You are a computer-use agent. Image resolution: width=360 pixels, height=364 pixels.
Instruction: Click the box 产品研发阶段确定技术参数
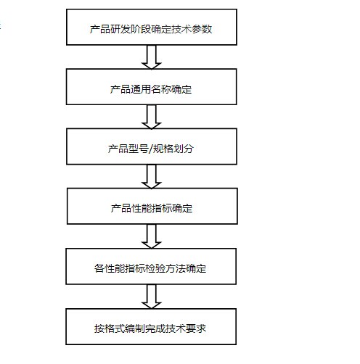(x=152, y=27)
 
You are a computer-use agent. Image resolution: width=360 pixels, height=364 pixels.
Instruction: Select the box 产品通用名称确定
(x=152, y=87)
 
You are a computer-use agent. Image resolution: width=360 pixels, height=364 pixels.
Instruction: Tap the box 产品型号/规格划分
(x=152, y=146)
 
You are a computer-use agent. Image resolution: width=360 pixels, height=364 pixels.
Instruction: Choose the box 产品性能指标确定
(x=152, y=206)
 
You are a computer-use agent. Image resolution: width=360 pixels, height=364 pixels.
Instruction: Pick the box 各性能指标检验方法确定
(x=151, y=266)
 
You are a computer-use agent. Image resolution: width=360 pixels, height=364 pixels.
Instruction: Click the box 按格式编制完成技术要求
(x=151, y=326)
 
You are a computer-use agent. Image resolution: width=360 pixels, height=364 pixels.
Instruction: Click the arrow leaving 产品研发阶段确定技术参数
(x=152, y=57)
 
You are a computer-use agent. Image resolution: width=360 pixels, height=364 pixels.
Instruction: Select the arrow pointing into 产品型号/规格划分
(x=152, y=117)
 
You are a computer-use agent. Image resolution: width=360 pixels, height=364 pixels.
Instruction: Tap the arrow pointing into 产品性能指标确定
(x=152, y=176)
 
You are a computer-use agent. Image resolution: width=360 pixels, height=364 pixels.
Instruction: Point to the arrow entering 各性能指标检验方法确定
(x=152, y=236)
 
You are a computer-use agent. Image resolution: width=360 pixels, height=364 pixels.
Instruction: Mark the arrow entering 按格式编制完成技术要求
(x=152, y=297)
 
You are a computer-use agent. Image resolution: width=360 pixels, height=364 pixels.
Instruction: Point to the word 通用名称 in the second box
(x=151, y=89)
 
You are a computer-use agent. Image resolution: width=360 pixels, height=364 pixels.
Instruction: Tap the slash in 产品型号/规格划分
(x=151, y=149)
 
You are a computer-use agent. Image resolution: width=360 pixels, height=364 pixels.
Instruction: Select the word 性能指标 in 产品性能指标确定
(x=152, y=208)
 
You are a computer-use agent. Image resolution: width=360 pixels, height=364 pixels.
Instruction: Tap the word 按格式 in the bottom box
(x=110, y=328)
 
